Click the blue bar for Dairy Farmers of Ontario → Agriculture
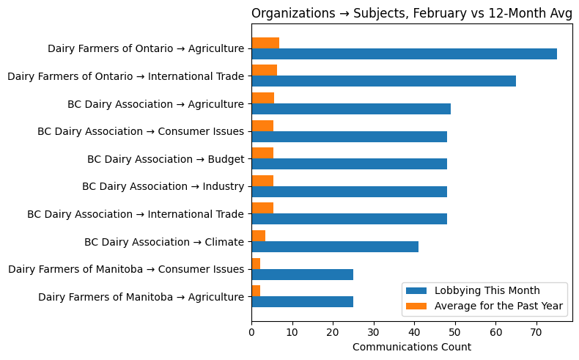pos(404,54)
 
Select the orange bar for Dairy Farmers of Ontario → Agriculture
pos(265,43)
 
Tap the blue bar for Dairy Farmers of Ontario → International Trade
pos(383,81)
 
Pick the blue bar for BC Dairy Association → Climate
pos(335,246)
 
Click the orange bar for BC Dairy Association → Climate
pos(259,235)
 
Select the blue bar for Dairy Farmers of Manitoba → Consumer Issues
pos(302,274)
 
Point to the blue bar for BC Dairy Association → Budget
pos(349,164)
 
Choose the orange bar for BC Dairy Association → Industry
pos(262,180)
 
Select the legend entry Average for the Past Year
pos(498,306)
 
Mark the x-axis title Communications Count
pos(412,347)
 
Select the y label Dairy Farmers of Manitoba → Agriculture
pos(141,297)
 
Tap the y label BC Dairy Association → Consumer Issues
pos(141,131)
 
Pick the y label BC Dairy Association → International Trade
pos(136,214)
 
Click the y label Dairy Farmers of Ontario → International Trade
pos(125,76)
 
